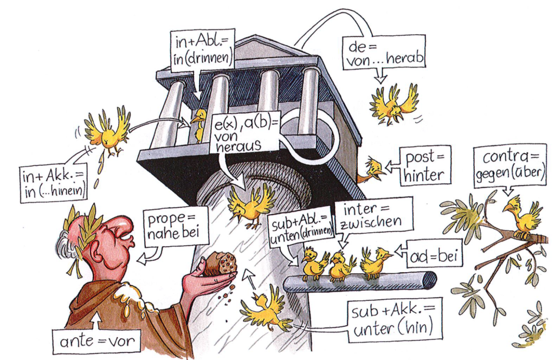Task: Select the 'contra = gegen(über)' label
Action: click(509, 166)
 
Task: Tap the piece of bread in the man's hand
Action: click(220, 264)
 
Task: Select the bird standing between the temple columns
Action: click(199, 123)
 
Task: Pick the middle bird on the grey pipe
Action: click(341, 264)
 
